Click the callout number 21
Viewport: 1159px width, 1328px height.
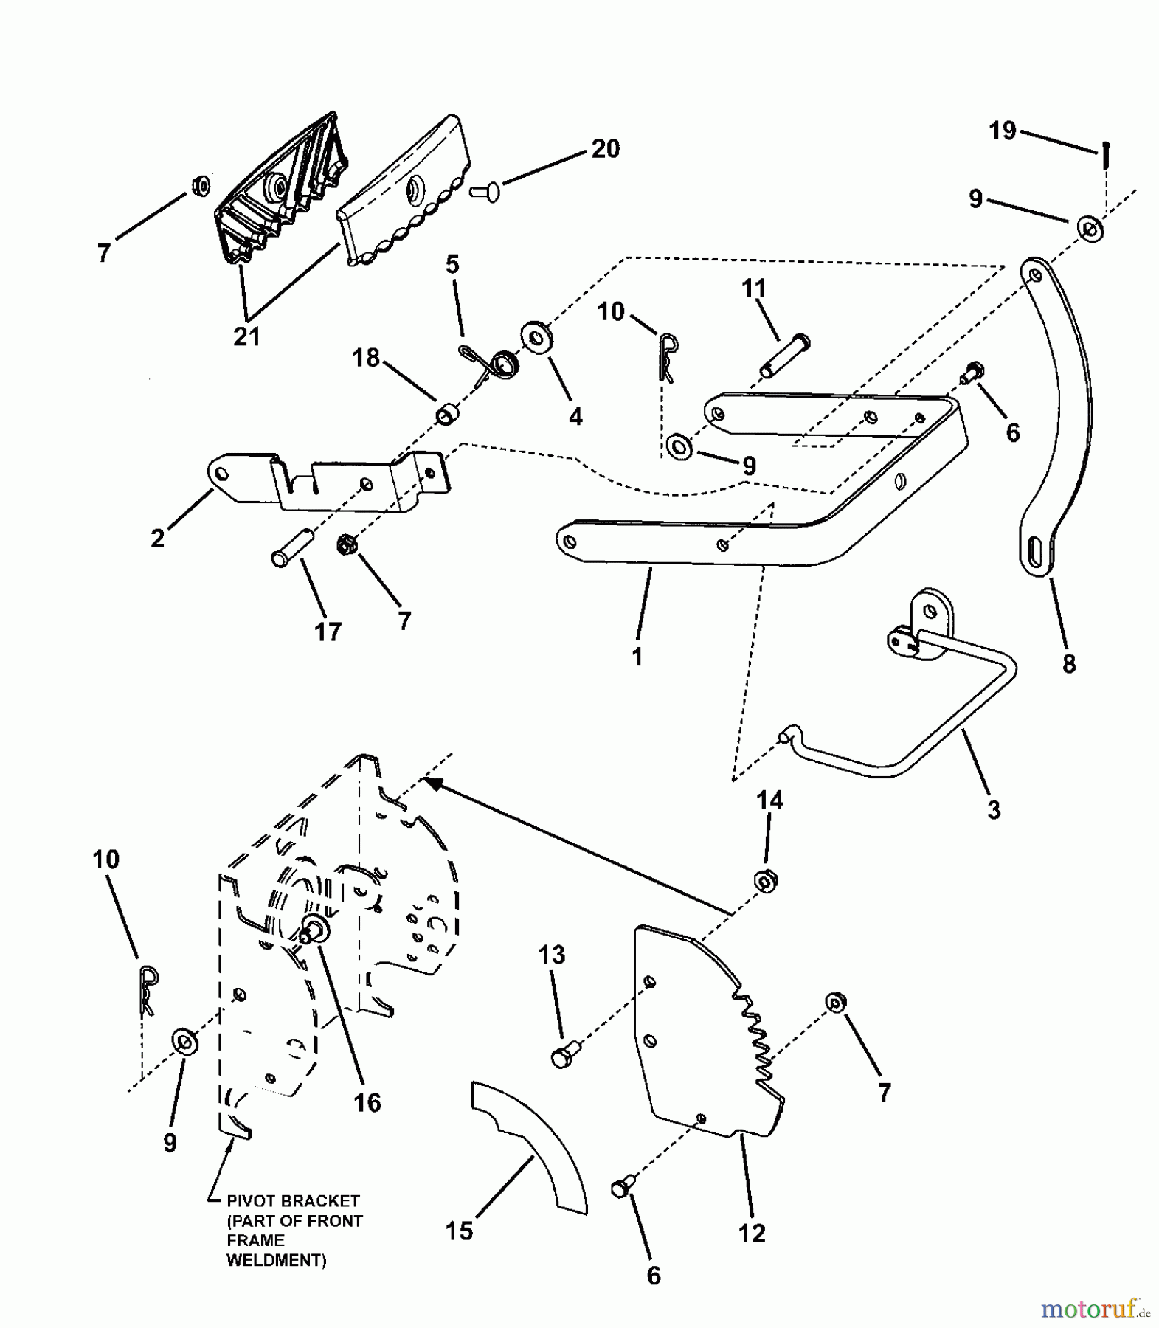point(247,336)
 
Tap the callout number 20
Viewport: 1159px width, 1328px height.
point(605,149)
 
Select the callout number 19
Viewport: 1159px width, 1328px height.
point(1003,131)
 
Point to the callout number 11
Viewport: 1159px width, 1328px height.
point(754,288)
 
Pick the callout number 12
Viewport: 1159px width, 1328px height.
point(752,1232)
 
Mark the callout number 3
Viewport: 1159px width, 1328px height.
point(994,809)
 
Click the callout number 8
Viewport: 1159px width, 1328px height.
point(1069,664)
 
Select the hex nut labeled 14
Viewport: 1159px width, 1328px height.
point(767,881)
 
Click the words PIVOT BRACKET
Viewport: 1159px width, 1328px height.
point(294,1201)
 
